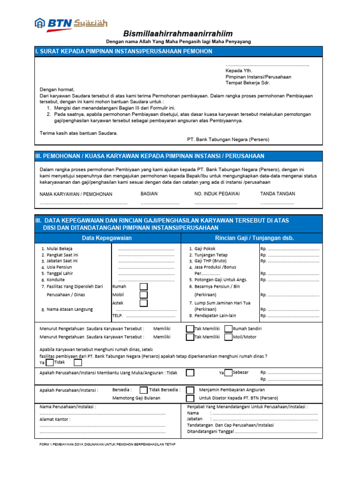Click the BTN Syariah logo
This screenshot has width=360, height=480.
71,23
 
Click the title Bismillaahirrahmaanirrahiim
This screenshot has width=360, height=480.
178,34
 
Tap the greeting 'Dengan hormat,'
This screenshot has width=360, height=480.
57,89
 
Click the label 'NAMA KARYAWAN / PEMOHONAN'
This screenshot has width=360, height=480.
76,194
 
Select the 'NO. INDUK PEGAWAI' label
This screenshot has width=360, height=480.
217,194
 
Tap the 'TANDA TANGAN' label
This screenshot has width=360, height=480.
277,194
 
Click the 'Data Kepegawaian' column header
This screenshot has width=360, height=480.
107,238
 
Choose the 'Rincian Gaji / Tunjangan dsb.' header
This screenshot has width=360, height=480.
255,238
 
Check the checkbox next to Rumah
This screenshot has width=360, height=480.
143,286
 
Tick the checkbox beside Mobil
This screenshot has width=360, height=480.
143,295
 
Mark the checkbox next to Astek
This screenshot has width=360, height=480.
143,303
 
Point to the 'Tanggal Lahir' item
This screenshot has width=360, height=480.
60,273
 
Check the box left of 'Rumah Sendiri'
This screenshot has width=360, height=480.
228,329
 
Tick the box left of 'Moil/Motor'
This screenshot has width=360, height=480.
228,337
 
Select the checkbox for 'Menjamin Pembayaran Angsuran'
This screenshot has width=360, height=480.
190,390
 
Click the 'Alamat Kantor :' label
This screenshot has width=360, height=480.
55,420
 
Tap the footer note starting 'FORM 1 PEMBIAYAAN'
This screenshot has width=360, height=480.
107,444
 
